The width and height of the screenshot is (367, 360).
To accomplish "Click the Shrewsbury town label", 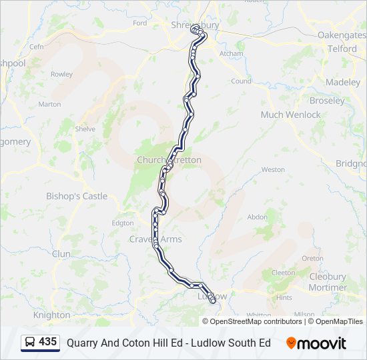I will (195, 25).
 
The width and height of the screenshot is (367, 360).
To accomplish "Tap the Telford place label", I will (342, 49).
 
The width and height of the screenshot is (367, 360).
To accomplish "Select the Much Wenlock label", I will (290, 115).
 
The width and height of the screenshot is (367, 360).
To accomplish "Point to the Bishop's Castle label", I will (76, 196).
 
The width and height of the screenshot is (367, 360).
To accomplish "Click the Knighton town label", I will (51, 315).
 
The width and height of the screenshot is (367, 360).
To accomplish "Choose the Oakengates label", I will (342, 35).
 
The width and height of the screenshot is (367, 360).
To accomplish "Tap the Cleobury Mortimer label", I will (328, 282).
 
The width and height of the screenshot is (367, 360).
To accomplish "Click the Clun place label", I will (61, 254).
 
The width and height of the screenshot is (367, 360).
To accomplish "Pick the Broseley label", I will (327, 101).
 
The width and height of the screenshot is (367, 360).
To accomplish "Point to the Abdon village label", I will (257, 217).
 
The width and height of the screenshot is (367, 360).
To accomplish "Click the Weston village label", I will (273, 170).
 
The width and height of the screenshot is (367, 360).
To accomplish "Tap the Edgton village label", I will (123, 223).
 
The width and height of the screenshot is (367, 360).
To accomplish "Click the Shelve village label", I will (85, 129).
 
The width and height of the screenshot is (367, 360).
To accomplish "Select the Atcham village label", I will (232, 53).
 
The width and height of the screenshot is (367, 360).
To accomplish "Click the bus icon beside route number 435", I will (30, 342).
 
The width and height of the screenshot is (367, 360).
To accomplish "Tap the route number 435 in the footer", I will (48, 342).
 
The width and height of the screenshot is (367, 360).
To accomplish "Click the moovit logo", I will (316, 343).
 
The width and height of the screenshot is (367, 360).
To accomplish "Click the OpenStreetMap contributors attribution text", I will (256, 321).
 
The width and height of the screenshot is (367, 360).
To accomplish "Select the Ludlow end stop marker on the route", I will (213, 301).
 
